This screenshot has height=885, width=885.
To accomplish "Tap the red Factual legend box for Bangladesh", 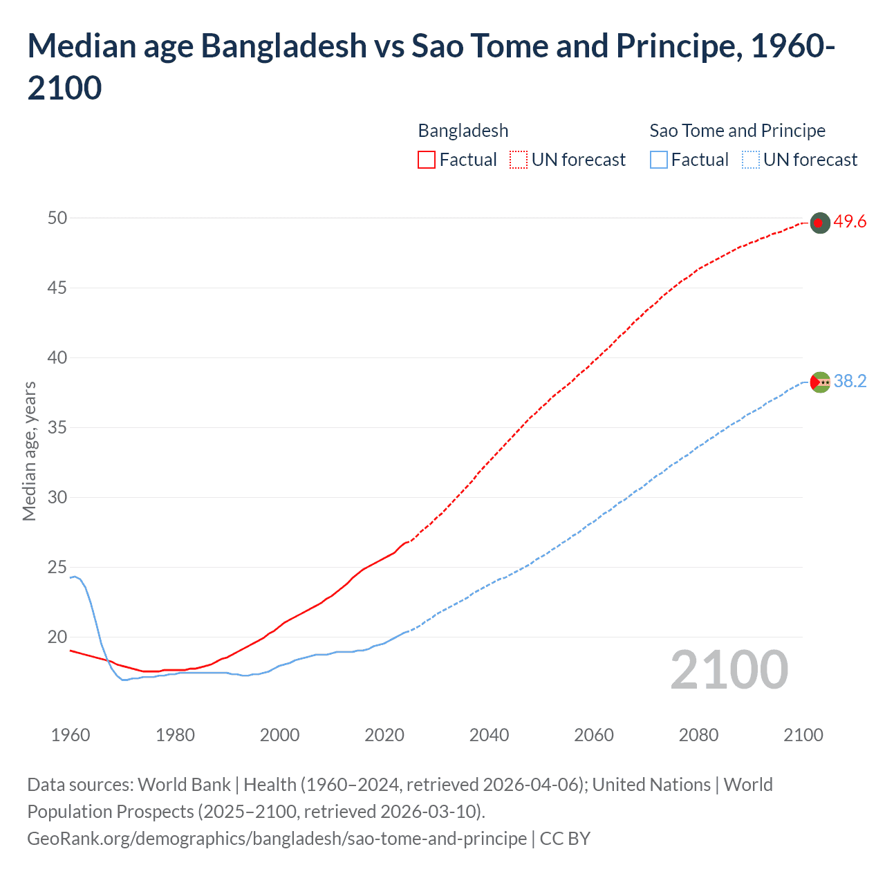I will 427,160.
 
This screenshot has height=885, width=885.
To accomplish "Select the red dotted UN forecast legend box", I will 519,160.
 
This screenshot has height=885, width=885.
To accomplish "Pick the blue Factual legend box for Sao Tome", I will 659,160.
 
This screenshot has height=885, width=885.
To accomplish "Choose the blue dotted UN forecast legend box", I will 750,160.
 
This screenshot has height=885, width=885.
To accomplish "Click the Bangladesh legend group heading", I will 463,131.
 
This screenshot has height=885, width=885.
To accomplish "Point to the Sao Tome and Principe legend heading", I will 737,131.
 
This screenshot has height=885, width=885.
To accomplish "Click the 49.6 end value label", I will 850,222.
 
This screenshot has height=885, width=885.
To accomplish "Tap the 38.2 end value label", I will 850,382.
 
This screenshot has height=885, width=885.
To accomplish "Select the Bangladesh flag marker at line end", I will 819,223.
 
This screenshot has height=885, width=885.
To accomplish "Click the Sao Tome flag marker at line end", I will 819,382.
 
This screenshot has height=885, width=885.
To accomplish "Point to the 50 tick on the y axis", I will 57,218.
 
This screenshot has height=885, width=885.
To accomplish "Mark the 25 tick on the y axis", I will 57,568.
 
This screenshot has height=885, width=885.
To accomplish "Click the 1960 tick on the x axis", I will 71,735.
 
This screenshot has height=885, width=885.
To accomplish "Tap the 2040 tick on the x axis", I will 489,735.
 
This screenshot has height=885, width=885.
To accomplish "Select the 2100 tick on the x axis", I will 803,735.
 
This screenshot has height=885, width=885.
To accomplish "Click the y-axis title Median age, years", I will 29,451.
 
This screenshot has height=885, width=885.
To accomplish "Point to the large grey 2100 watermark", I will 729,670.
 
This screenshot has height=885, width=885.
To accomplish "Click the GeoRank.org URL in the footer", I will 277,839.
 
